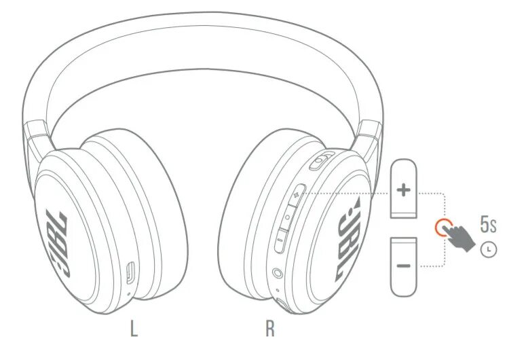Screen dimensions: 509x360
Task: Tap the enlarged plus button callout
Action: pos(404,190)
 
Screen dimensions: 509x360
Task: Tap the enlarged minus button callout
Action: pos(404,264)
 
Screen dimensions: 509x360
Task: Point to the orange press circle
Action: pos(444,228)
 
